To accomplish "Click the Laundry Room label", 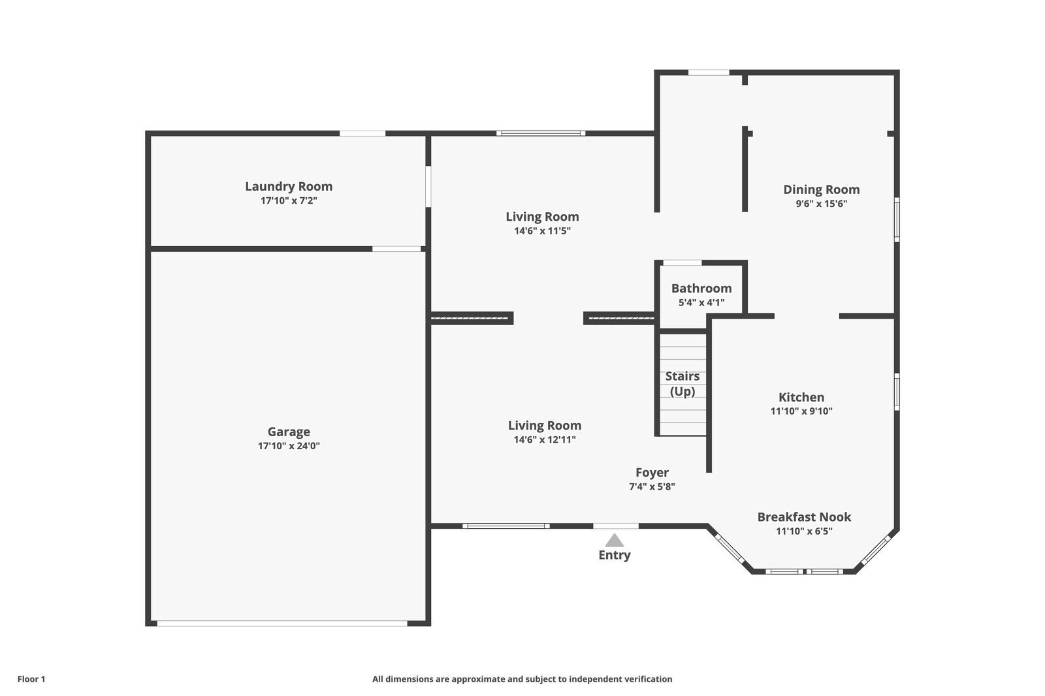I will tap(289, 186).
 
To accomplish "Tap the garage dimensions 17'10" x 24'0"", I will tap(289, 446).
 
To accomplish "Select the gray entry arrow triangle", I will tap(614, 541).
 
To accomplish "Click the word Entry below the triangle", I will tap(614, 555).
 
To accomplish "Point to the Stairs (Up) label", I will tap(683, 383).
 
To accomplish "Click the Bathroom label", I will tap(701, 288).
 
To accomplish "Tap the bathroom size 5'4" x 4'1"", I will tap(701, 302).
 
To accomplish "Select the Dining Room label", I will tap(821, 189).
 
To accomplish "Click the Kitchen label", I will tap(801, 397).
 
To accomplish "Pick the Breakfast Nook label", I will tap(804, 516).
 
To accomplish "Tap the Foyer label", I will tap(652, 472).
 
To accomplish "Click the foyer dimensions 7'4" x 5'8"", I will tap(652, 486).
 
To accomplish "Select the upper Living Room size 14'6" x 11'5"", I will tap(542, 230).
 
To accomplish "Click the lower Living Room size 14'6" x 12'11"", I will tap(545, 439).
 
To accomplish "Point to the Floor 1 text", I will tap(31, 679).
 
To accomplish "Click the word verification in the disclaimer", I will tap(647, 679).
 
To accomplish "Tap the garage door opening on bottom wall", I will tap(282, 623).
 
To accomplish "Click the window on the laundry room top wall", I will tap(362, 133).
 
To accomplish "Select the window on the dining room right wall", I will tap(897, 220).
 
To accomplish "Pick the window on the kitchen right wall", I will tap(897, 392).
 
